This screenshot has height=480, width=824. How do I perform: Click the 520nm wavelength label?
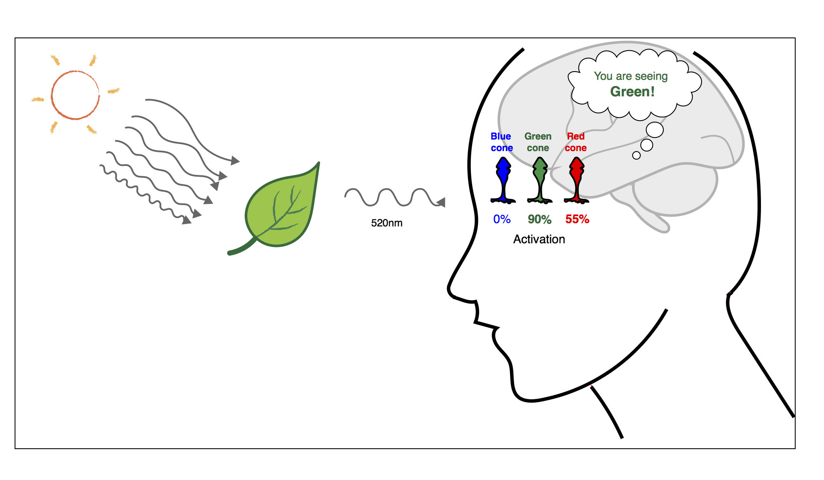pyautogui.click(x=386, y=223)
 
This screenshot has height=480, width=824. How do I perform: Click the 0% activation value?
pyautogui.click(x=502, y=219)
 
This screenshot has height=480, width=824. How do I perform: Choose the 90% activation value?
pyautogui.click(x=539, y=219)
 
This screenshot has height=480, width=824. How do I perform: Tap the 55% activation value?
pyautogui.click(x=577, y=219)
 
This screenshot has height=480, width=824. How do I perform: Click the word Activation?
pyautogui.click(x=539, y=239)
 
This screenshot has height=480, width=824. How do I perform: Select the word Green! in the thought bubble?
pyautogui.click(x=632, y=91)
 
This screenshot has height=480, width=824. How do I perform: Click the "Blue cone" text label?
pyautogui.click(x=501, y=142)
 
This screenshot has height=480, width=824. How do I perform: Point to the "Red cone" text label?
pyautogui.click(x=576, y=142)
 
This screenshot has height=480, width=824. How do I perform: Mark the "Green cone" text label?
pyautogui.click(x=538, y=142)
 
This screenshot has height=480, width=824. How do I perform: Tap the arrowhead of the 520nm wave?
pyautogui.click(x=441, y=202)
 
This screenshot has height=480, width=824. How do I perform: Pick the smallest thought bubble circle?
pyautogui.click(x=636, y=155)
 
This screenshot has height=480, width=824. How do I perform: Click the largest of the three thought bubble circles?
pyautogui.click(x=655, y=130)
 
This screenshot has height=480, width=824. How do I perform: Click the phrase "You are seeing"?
pyautogui.click(x=630, y=76)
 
